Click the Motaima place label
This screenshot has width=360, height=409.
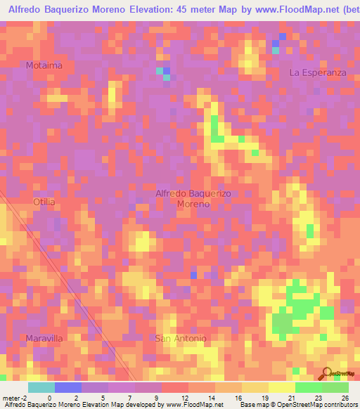44,65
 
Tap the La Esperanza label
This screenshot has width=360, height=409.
318,72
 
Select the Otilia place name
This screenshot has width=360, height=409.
44,202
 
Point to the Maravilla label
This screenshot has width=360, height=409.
45,338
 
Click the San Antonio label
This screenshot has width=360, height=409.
181,338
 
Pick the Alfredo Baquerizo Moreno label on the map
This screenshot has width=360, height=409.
193,198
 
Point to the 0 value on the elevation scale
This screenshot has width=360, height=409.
49,397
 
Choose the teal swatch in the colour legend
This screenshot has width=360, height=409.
41,387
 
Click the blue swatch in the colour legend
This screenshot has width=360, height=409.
68,387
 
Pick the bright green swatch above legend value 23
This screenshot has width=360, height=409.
309,387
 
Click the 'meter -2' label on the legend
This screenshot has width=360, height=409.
14,397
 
